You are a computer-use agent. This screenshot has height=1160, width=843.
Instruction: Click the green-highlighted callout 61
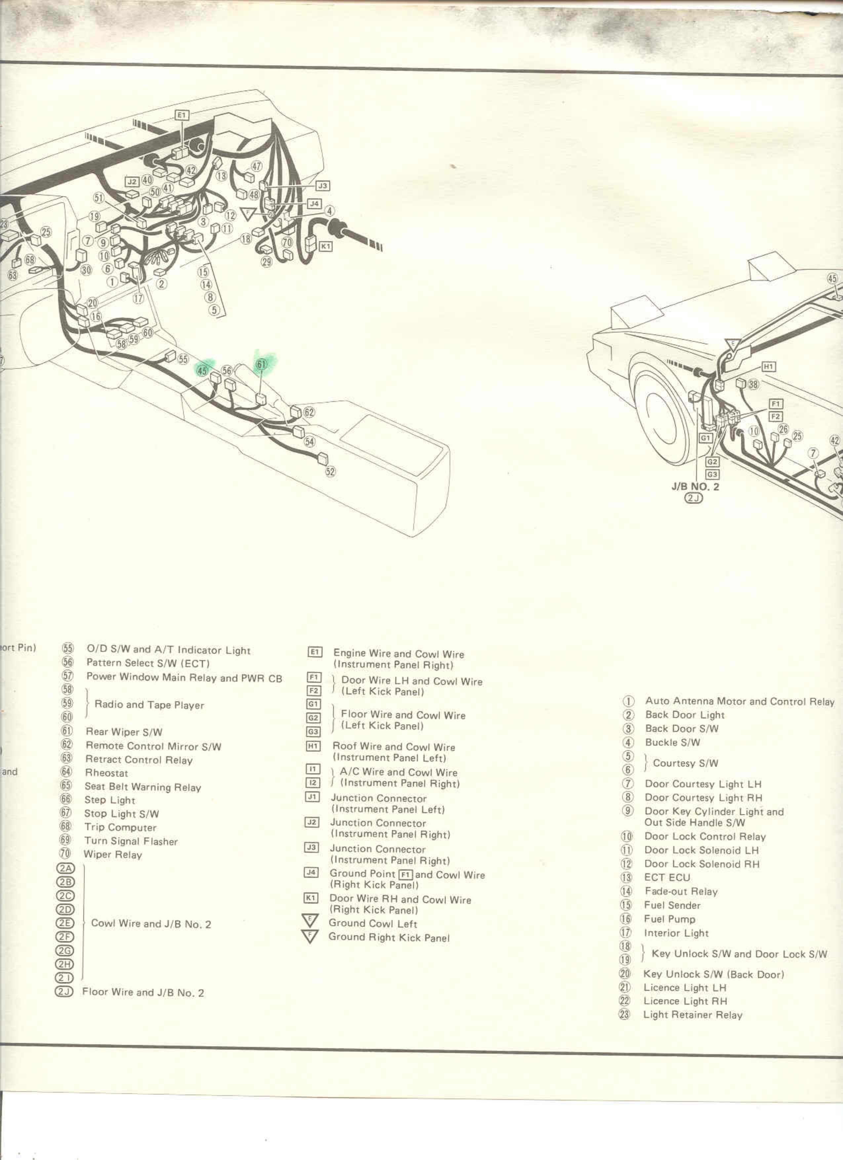pos(261,364)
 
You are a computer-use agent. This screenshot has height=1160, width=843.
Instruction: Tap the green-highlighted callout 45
pos(203,370)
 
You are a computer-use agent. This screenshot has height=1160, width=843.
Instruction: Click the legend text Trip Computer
pos(120,827)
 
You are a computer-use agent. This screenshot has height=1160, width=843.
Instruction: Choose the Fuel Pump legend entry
pos(669,919)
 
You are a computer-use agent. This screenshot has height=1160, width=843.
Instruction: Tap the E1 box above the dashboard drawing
pos(182,115)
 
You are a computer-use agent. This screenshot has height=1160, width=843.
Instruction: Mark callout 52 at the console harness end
pos(331,472)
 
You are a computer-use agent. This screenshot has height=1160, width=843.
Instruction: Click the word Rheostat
pos(106,773)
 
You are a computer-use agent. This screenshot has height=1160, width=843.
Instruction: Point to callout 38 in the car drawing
pos(753,384)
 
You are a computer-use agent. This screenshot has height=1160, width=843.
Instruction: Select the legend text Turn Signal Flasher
pos(131,841)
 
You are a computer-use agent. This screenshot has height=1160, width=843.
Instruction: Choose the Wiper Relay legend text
pos(112,854)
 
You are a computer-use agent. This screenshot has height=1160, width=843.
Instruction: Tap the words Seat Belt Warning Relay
pos(143,787)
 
